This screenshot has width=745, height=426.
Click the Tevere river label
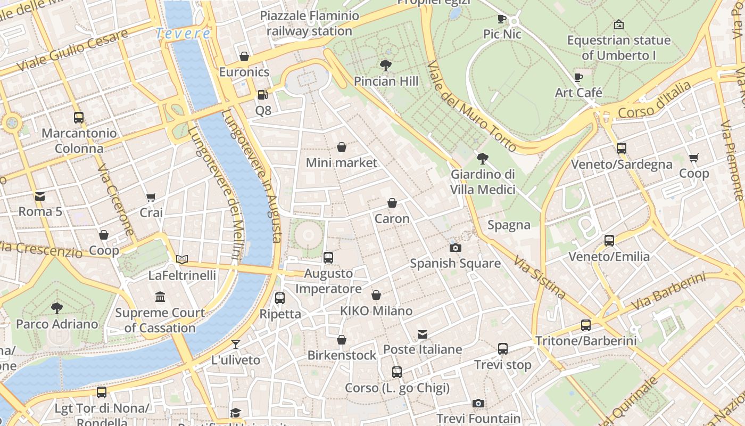pyautogui.click(x=183, y=34)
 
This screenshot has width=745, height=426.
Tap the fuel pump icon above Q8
pyautogui.click(x=262, y=95)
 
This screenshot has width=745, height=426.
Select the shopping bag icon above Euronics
pyautogui.click(x=244, y=56)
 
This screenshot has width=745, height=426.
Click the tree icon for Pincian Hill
pyautogui.click(x=386, y=65)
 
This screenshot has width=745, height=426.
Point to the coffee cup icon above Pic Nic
pyautogui.click(x=501, y=19)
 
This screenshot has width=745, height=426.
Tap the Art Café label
pyautogui.click(x=578, y=93)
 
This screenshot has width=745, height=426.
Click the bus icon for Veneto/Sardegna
pyautogui.click(x=621, y=149)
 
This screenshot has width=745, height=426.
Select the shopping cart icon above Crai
pyautogui.click(x=151, y=197)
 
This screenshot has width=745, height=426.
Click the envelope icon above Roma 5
pyautogui.click(x=40, y=196)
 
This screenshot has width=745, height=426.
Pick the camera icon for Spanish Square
pyautogui.click(x=455, y=248)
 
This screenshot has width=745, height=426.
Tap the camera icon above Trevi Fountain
pyautogui.click(x=478, y=403)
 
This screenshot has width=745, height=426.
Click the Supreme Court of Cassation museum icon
pyautogui.click(x=160, y=297)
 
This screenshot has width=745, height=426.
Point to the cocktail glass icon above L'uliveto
pyautogui.click(x=236, y=344)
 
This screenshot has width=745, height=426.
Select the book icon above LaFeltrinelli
pyautogui.click(x=182, y=259)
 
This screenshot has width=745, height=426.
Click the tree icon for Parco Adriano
pyautogui.click(x=56, y=308)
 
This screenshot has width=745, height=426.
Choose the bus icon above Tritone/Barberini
pyautogui.click(x=586, y=325)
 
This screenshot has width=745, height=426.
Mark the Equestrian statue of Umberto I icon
pyautogui.click(x=618, y=24)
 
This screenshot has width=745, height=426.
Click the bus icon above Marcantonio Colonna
pyautogui.click(x=79, y=117)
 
